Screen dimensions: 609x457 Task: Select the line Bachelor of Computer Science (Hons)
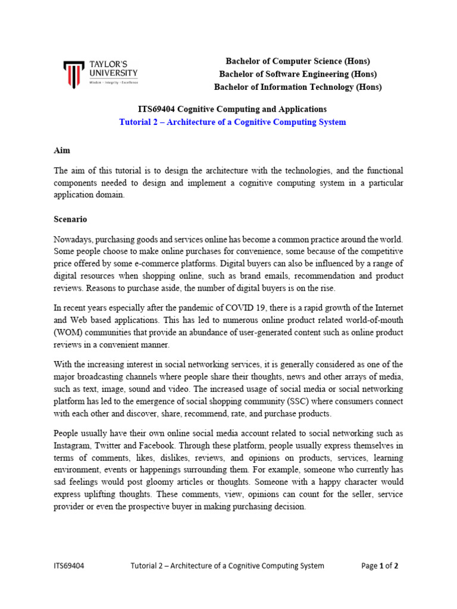[x=298, y=61]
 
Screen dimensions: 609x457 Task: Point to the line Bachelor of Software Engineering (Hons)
[x=298, y=74]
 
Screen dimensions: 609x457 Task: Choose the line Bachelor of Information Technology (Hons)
[x=298, y=87]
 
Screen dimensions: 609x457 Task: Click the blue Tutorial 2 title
[x=232, y=122]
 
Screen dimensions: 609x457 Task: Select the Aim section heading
[x=62, y=151]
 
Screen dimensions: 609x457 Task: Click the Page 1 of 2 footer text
[x=380, y=566]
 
